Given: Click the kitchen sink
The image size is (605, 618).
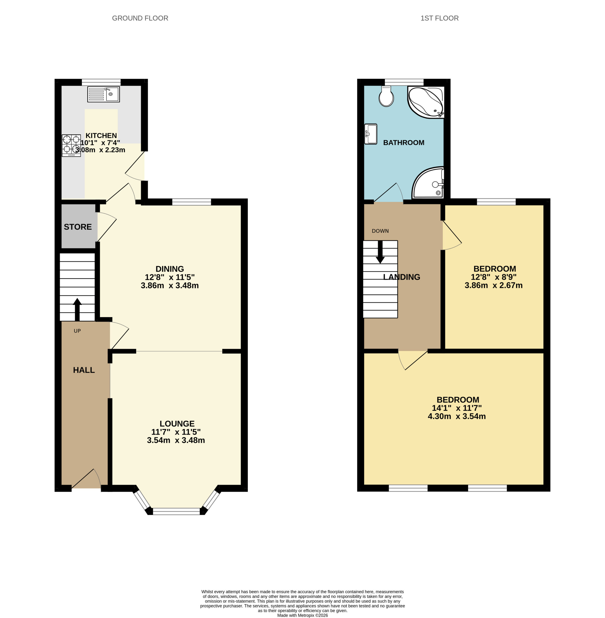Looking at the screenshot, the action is pos(103,94).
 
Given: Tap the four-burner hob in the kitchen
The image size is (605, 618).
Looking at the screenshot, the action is pos(71,145).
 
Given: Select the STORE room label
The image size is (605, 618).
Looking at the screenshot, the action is pos(78,227).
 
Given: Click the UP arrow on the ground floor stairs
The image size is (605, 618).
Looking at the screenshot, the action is pos(77,309).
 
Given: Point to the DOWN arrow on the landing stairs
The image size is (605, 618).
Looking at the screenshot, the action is pos(380,252).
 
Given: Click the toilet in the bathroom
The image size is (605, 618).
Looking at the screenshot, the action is pos(386,96).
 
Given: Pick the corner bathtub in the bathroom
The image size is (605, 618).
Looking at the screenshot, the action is pos(426,102).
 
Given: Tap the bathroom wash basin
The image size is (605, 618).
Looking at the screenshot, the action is pos(371,134).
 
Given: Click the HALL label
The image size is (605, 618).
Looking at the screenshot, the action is pos(84,370).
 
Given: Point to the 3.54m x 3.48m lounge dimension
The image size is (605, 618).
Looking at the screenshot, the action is pos(176,440).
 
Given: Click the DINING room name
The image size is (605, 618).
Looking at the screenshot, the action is pos(170,269).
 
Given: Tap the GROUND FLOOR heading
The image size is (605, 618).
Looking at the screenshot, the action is pos(140,18).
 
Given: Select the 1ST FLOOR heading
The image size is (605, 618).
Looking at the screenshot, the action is pos(440,18).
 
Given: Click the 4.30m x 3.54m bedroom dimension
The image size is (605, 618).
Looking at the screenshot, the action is pos(457,416).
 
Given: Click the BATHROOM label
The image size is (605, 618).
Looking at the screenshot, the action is pos(404,142).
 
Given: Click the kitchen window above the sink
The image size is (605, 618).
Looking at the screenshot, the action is pos(101,82).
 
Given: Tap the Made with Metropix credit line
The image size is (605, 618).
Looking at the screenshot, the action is pos(302,615).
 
